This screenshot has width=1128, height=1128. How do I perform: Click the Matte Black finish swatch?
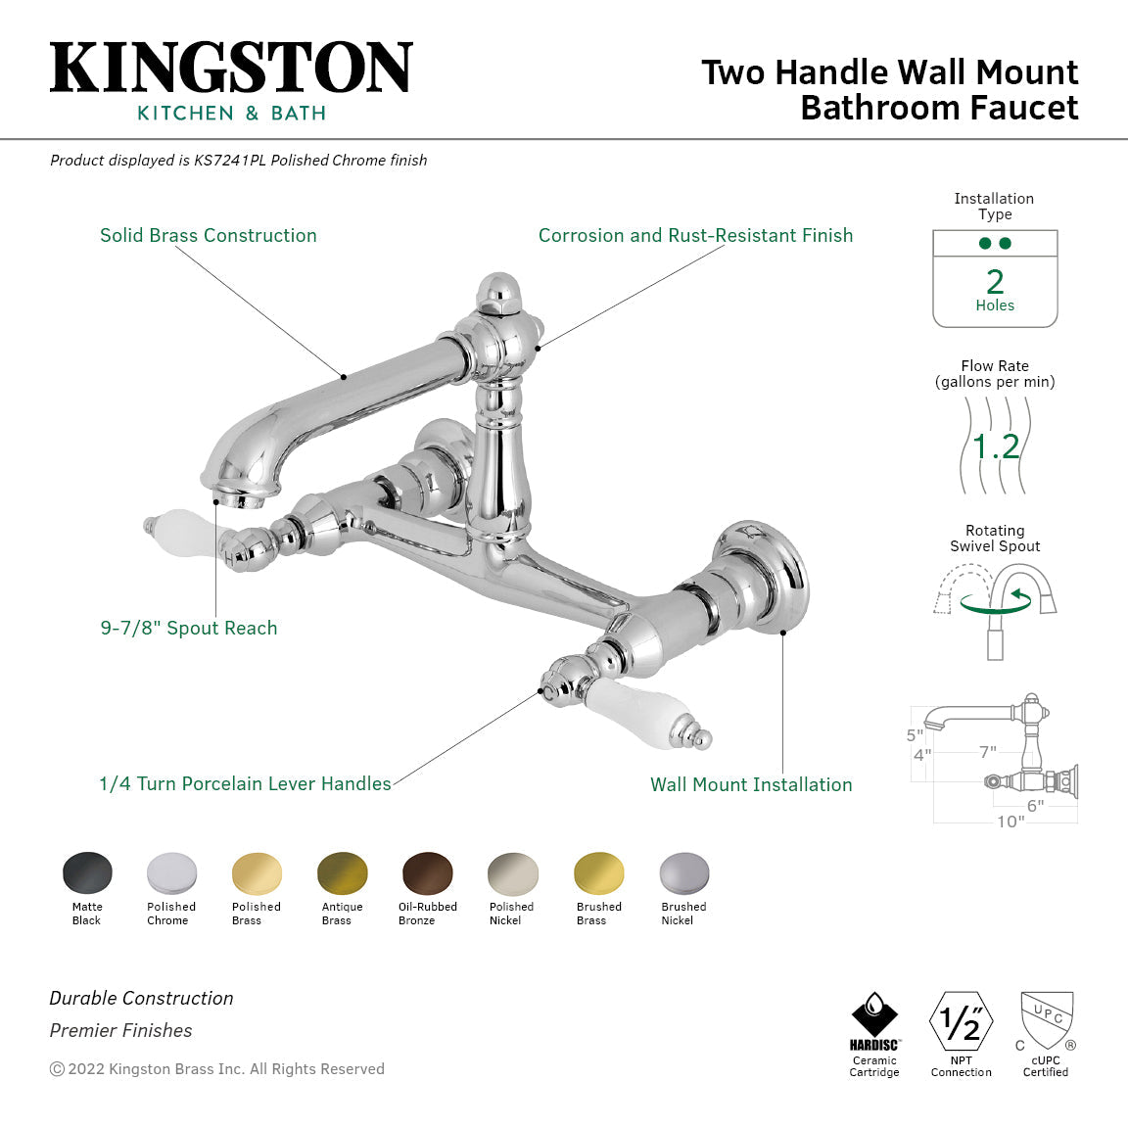coord(87,873)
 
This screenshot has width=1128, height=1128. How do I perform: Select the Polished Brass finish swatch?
coord(257,873)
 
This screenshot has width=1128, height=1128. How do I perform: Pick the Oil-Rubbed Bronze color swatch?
coord(427,873)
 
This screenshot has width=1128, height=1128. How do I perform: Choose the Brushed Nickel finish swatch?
coord(683,873)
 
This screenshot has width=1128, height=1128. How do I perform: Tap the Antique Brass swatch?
coord(342,873)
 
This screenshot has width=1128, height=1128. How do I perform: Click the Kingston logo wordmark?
coord(231,69)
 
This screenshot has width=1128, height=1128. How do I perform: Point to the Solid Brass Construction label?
coord(209,236)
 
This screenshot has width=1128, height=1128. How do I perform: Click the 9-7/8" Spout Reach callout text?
coord(189,629)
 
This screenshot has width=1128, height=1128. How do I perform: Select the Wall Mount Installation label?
coord(751,785)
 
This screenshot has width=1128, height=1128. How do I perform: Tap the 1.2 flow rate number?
coord(996,447)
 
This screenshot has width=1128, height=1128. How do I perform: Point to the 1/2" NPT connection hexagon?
coord(961,1021)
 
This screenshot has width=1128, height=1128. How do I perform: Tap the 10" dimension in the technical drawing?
coord(1010,822)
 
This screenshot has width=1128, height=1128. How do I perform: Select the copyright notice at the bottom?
coord(217,1069)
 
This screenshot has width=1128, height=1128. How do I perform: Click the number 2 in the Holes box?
coord(995,282)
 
